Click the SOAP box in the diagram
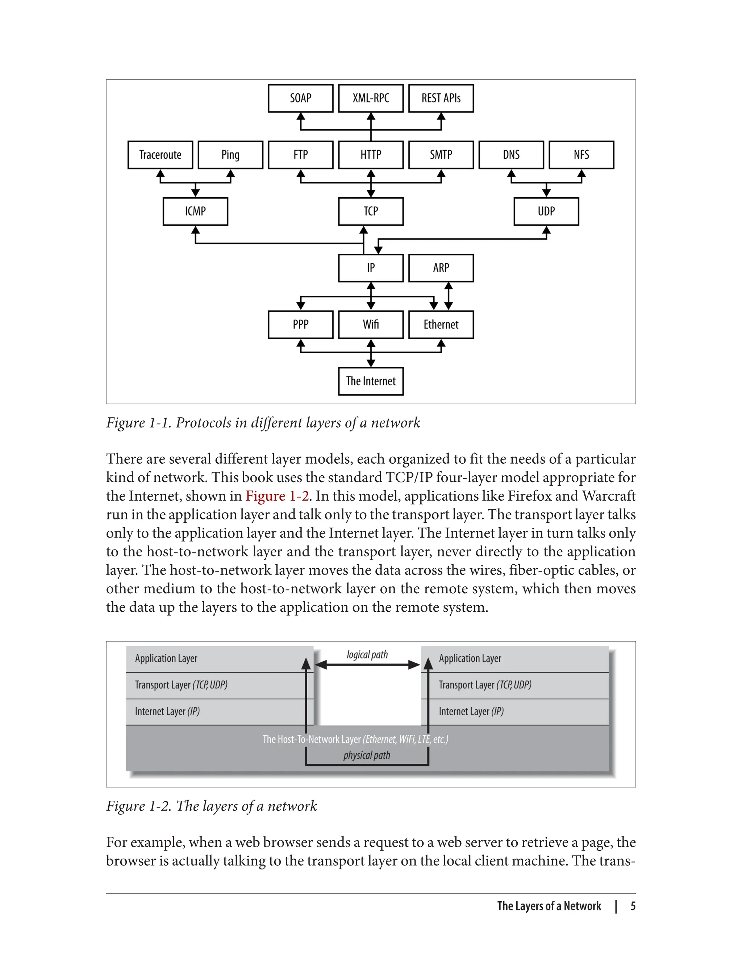[300, 98]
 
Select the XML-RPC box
[371, 98]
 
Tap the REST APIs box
[441, 98]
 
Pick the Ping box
[230, 155]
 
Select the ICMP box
[195, 211]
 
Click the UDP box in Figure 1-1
[546, 211]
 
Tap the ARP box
[441, 268]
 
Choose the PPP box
[300, 325]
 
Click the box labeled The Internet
[371, 381]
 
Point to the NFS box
[581, 155]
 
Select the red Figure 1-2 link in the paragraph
[277, 496]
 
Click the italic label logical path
[367, 655]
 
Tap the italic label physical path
[367, 755]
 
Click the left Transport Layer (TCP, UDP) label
[181, 685]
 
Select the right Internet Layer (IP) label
[471, 711]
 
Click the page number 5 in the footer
[633, 906]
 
